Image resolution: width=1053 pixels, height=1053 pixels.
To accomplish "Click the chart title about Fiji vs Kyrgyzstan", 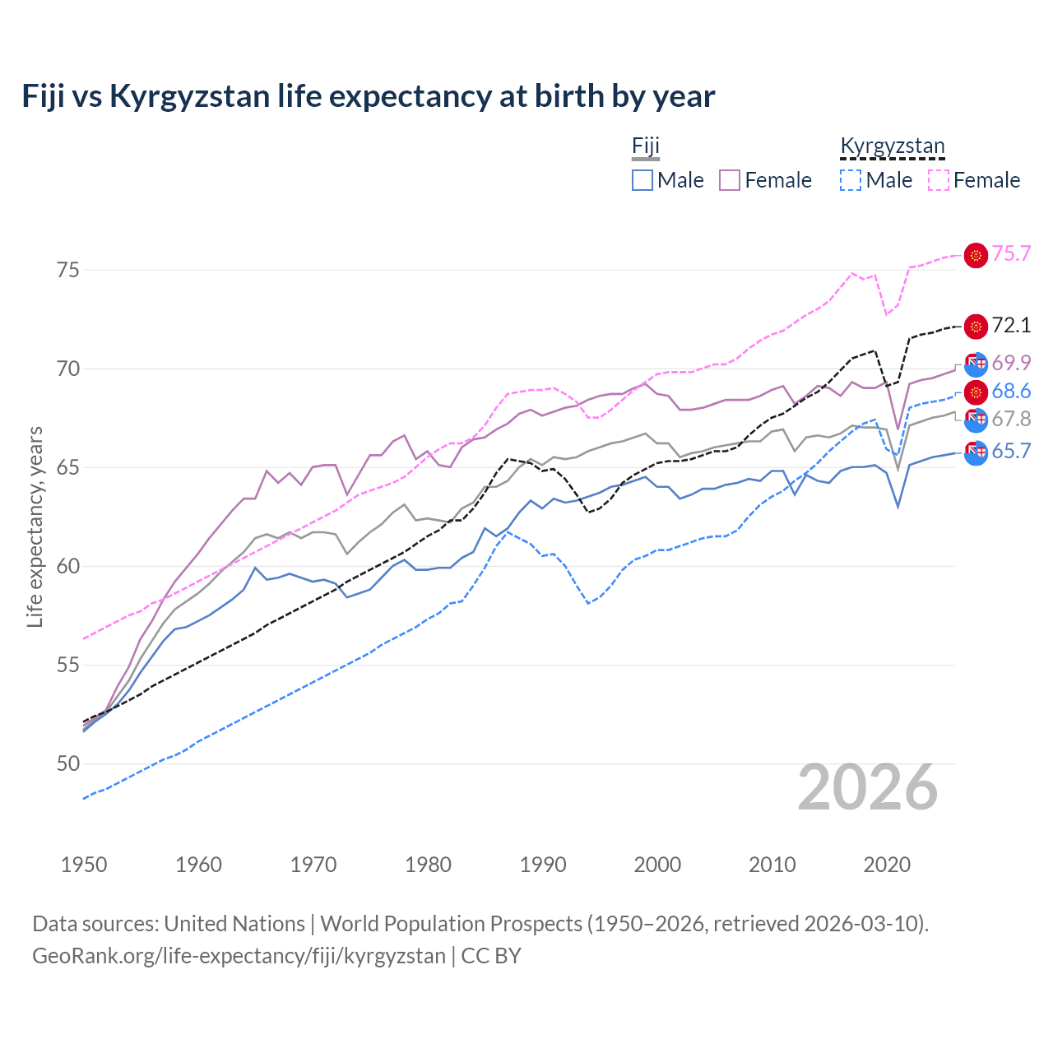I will [368, 96].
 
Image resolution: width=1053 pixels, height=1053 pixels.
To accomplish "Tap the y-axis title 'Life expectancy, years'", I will [35, 526].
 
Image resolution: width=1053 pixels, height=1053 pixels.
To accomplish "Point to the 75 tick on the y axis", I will [68, 270].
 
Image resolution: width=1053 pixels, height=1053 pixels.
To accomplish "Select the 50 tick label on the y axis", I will [68, 764].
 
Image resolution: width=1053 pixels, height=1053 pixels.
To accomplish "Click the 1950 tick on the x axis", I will [84, 865].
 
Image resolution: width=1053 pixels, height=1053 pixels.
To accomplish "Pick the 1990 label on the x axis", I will [543, 865].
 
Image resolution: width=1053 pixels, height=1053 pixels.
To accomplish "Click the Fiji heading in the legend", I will [646, 146].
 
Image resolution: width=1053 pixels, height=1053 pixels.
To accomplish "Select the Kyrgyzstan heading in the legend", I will [893, 146].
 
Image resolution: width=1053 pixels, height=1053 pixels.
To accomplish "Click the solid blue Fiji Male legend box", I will [642, 180].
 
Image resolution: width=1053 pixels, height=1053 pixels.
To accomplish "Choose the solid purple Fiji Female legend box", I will [730, 180].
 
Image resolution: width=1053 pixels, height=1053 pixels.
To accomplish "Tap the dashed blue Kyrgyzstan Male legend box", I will [851, 180].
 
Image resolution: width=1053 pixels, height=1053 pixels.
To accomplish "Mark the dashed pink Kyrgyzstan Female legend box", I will [939, 180].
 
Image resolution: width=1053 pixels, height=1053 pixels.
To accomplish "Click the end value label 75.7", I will [1011, 254].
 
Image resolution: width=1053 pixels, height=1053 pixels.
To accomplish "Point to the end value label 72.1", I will [1011, 326].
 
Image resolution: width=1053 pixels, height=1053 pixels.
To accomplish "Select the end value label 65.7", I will [1011, 452].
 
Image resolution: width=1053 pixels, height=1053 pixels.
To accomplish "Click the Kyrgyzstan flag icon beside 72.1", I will [976, 327].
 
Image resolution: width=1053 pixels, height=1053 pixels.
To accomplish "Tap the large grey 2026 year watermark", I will [868, 788].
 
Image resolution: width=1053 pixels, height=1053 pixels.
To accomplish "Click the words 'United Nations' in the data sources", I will [234, 924].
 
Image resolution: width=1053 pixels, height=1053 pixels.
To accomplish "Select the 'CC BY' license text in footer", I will [491, 956].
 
